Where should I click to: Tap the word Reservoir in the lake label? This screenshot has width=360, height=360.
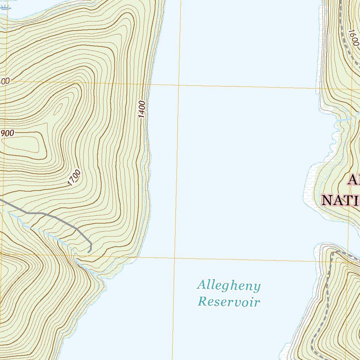[229, 302]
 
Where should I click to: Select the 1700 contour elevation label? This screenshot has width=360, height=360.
[74, 178]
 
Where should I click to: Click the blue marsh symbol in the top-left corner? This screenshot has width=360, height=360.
[5, 7]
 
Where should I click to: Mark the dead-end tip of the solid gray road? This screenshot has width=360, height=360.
[88, 252]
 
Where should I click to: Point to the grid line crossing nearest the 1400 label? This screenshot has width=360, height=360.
[178, 85]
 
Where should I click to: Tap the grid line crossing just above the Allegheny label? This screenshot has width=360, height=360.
[175, 258]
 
